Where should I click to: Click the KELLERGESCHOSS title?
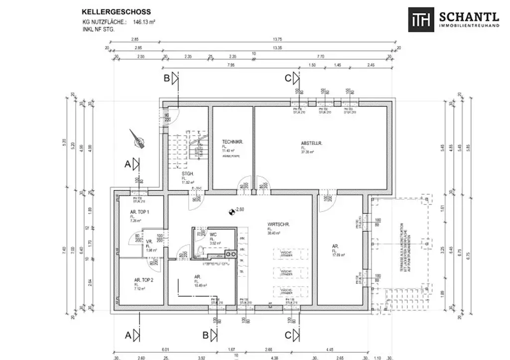tap(117, 11)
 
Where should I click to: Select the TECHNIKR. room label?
tap(232, 142)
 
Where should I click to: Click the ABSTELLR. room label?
tap(312, 143)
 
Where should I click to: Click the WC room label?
tap(213, 234)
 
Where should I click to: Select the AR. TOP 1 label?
tap(132, 212)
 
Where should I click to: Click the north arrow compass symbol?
tap(138, 140)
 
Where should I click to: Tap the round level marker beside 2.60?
tap(231, 212)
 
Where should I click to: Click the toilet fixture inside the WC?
tap(200, 250)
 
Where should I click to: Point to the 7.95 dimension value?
tap(231, 65)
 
